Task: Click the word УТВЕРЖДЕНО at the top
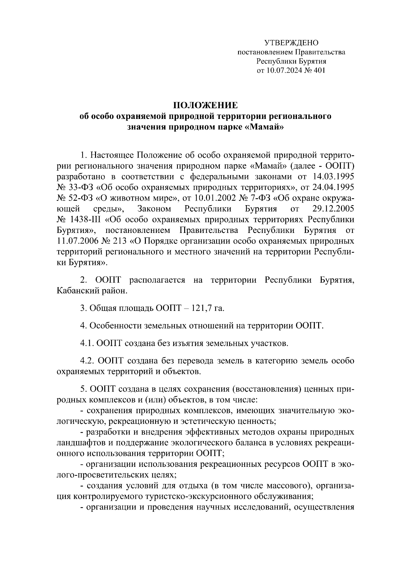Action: [291, 43]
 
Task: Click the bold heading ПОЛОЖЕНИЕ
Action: [205, 105]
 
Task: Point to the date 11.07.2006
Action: [77, 241]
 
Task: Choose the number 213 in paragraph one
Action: [122, 241]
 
